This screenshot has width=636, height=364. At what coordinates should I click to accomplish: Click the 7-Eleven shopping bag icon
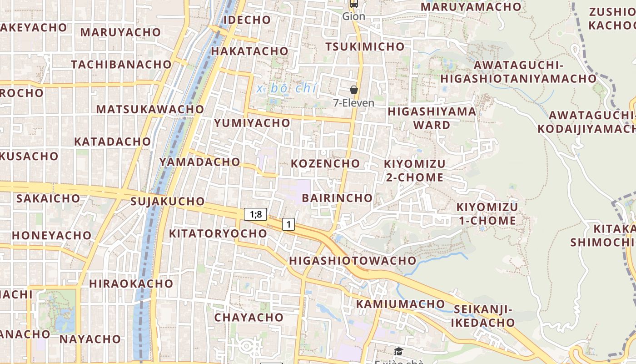click(354, 90)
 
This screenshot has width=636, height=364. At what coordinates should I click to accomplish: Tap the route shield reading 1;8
click(255, 214)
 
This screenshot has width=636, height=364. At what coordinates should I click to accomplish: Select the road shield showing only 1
click(288, 224)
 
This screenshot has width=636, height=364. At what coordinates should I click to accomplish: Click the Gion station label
click(353, 16)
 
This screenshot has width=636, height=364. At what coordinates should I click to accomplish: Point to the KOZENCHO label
click(325, 163)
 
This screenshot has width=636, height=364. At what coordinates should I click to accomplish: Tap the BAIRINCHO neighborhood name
click(337, 198)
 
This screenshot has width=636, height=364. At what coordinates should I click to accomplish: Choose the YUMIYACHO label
click(252, 123)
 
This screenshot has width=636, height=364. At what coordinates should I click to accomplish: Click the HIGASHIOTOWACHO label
click(353, 261)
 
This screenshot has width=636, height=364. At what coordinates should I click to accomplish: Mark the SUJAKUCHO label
click(168, 201)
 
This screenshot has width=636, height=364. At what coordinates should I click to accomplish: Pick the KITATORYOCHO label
click(218, 233)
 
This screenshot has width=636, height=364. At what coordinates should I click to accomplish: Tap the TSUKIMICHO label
click(365, 46)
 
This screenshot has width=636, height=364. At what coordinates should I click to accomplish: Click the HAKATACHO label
click(249, 51)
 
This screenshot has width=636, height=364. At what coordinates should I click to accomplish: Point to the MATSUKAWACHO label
click(150, 109)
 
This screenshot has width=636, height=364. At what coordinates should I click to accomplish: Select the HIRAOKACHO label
click(131, 283)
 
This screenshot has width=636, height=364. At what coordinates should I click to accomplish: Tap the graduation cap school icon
click(398, 351)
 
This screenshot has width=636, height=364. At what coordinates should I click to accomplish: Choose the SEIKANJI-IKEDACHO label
click(483, 316)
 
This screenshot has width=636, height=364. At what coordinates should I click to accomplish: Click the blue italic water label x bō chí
click(286, 88)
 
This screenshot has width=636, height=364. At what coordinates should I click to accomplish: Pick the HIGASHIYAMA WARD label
click(432, 118)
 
